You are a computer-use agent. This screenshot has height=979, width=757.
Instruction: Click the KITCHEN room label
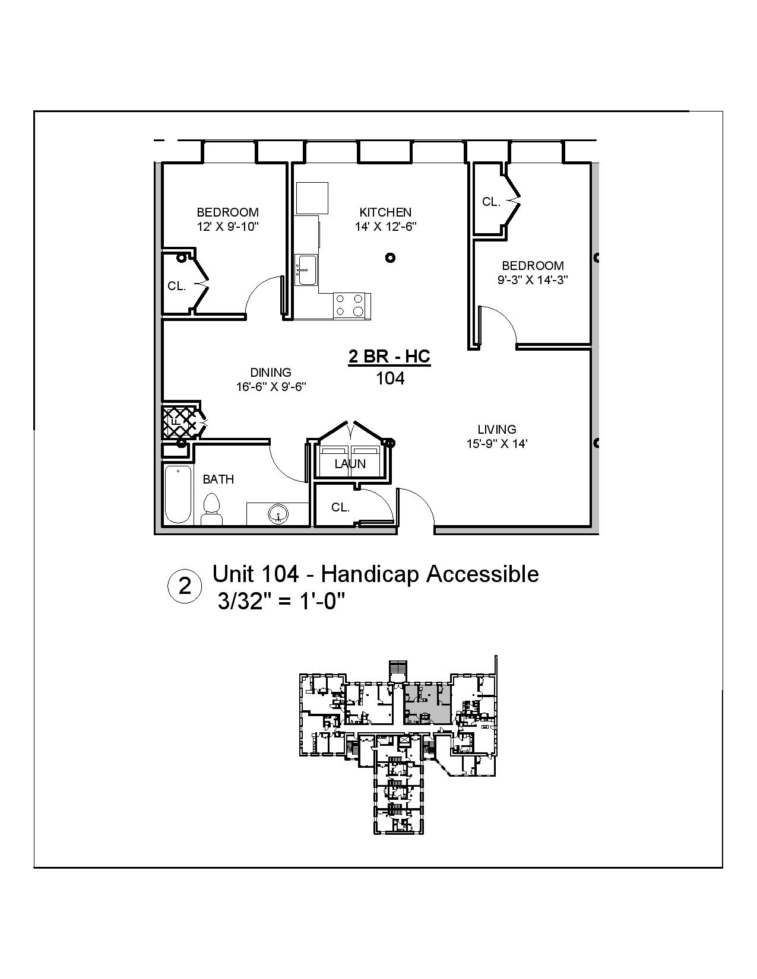(385, 212)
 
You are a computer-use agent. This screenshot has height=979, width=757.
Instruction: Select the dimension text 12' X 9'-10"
(228, 227)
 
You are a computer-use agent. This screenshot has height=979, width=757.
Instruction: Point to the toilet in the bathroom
(211, 510)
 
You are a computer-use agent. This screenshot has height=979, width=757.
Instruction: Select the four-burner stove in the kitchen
(350, 305)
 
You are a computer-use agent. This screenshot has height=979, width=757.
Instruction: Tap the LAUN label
(350, 464)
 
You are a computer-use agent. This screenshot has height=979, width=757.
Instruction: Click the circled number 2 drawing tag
(185, 587)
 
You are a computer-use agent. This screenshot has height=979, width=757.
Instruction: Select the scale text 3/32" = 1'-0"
(281, 602)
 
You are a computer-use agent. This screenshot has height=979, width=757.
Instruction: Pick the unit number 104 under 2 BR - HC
(390, 378)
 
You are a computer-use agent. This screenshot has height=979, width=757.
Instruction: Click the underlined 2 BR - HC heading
(389, 357)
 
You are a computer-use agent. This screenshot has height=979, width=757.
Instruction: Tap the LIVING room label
(497, 429)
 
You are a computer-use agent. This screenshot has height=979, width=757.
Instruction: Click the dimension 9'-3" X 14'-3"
(533, 280)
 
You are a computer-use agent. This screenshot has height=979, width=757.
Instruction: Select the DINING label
(271, 372)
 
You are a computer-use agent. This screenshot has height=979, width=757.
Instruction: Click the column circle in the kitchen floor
(390, 258)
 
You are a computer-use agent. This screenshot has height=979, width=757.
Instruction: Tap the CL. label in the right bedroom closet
(491, 202)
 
